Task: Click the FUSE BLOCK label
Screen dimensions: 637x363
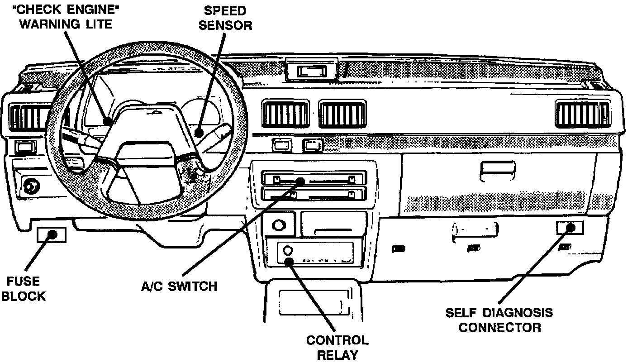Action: click(x=24, y=289)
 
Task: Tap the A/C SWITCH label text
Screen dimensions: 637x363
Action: click(x=179, y=286)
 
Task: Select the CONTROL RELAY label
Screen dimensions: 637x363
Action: click(x=337, y=348)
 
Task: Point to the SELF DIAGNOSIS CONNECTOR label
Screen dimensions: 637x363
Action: click(x=499, y=320)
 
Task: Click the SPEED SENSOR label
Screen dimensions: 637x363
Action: click(x=225, y=18)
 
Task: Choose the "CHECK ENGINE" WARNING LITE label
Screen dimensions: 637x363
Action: click(x=66, y=17)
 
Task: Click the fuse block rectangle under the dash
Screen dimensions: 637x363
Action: click(x=52, y=235)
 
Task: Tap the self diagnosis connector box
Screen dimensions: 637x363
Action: click(x=570, y=228)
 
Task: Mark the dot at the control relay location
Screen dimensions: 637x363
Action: click(x=289, y=262)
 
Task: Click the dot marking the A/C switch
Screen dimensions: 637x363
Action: click(x=300, y=181)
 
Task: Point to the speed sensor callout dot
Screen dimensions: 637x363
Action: click(x=199, y=133)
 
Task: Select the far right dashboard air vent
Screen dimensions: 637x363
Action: click(x=583, y=114)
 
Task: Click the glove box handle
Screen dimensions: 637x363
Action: click(x=497, y=171)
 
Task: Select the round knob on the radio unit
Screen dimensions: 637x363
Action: click(x=288, y=250)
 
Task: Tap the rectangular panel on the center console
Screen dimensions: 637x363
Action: click(x=314, y=303)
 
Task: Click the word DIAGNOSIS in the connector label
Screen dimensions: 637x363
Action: click(x=518, y=313)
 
